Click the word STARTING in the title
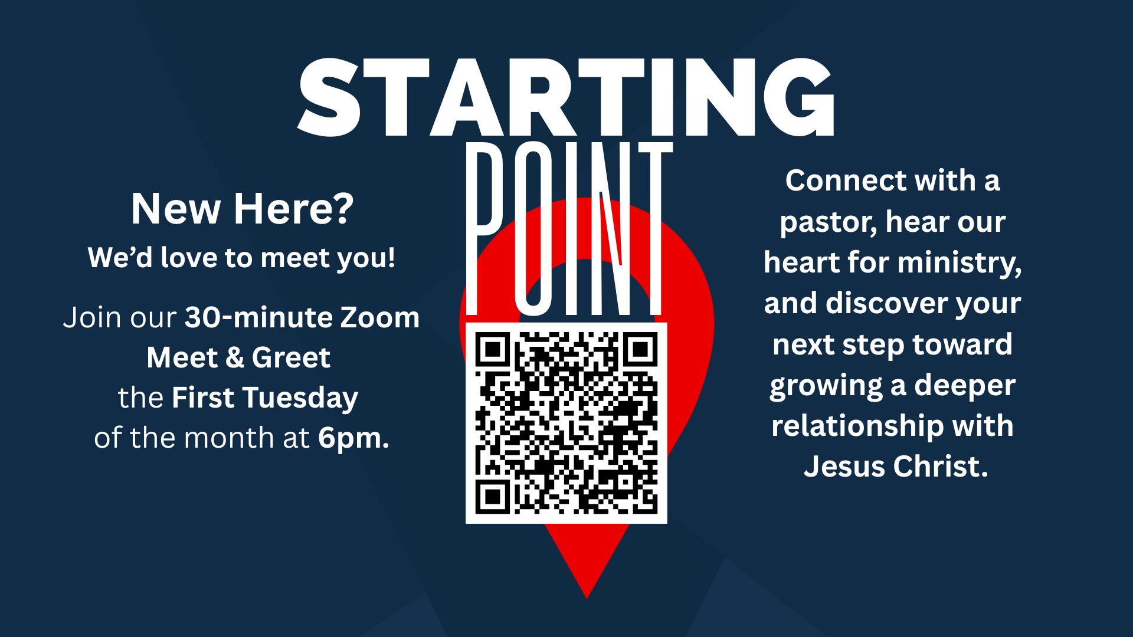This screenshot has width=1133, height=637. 565,97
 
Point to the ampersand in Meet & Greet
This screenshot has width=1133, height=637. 234,357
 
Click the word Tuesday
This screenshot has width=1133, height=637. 300,398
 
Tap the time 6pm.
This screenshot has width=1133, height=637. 353,438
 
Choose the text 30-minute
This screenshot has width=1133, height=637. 258,317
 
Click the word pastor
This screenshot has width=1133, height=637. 828,222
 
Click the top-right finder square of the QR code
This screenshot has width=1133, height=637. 641,349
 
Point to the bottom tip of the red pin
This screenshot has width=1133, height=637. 587,597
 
